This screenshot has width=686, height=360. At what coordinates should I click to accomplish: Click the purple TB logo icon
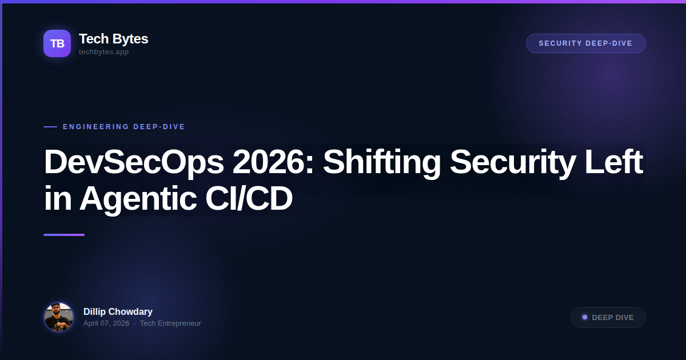tap(57, 43)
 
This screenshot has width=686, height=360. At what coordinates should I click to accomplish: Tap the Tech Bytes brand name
tap(113, 39)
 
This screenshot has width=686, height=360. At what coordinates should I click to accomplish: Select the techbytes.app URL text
tap(103, 52)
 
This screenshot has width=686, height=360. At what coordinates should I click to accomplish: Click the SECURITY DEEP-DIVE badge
tap(585, 43)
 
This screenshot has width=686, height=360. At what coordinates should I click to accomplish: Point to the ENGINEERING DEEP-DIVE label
tap(124, 127)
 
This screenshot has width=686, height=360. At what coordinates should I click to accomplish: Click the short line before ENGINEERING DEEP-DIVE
tap(50, 127)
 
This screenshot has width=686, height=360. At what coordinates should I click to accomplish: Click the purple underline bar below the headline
tap(64, 235)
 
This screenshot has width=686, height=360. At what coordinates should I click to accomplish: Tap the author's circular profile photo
tap(59, 317)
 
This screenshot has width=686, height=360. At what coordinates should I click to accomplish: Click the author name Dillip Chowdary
tap(118, 311)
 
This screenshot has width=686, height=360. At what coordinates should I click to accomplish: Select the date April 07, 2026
tap(106, 323)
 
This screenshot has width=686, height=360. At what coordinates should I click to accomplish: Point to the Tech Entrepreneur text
tap(170, 323)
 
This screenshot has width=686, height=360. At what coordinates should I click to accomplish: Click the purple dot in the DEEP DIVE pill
tap(585, 317)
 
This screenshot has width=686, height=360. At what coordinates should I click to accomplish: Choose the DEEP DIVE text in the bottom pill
tap(613, 318)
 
